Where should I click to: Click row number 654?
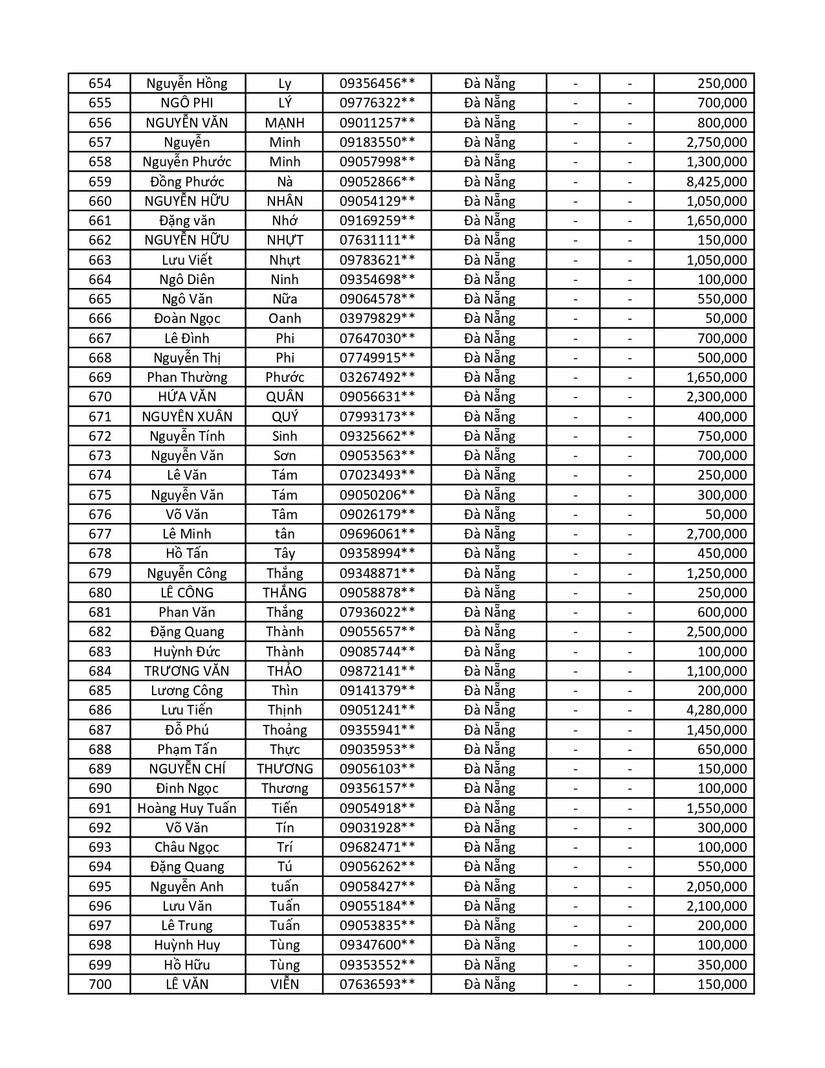(x=100, y=83)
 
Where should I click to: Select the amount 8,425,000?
(x=716, y=181)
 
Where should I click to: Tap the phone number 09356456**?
(x=377, y=83)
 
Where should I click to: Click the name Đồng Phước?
(x=187, y=181)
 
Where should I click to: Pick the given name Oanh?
(x=285, y=318)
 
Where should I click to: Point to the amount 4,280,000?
(x=716, y=710)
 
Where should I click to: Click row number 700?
(x=100, y=985)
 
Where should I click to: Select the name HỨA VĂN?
(x=187, y=397)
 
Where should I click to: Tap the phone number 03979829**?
(x=377, y=318)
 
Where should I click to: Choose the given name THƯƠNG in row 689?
(x=285, y=769)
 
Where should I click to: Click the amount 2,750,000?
(x=716, y=142)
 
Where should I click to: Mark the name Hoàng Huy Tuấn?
(x=187, y=808)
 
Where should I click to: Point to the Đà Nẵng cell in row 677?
(x=489, y=534)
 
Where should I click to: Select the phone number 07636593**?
(x=377, y=985)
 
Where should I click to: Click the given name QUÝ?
(x=285, y=417)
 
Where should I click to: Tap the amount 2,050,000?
(x=716, y=887)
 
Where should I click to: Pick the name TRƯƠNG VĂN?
(x=187, y=671)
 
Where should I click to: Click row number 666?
(x=100, y=318)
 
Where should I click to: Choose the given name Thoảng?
(x=285, y=730)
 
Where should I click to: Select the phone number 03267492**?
(x=377, y=377)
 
